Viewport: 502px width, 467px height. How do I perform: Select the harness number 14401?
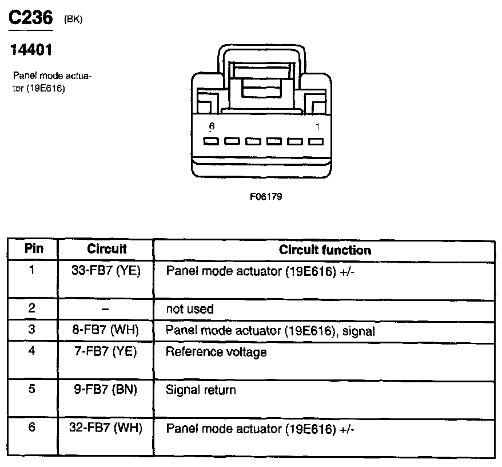tap(31, 50)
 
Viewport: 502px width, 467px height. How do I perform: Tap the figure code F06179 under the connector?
tap(266, 196)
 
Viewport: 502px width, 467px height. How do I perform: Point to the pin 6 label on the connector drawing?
tap(212, 126)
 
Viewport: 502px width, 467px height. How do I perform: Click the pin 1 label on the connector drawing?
tap(317, 126)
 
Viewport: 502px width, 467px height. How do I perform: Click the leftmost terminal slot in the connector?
tap(211, 141)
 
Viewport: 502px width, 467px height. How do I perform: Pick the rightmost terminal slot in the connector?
tap(316, 141)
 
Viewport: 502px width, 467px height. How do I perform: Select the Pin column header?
tap(33, 249)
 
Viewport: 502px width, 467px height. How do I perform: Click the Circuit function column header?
tap(325, 250)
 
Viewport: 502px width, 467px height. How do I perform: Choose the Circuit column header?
tap(106, 249)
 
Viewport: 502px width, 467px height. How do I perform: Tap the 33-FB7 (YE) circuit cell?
tap(106, 271)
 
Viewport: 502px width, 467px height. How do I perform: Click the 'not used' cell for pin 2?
tap(189, 309)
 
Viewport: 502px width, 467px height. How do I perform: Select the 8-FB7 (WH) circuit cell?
tap(106, 330)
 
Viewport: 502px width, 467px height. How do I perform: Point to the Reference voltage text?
tap(216, 351)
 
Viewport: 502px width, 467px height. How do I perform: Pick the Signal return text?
tap(200, 390)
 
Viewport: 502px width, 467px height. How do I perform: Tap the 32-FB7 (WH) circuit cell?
tap(107, 428)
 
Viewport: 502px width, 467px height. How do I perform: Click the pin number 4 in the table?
tap(32, 350)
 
